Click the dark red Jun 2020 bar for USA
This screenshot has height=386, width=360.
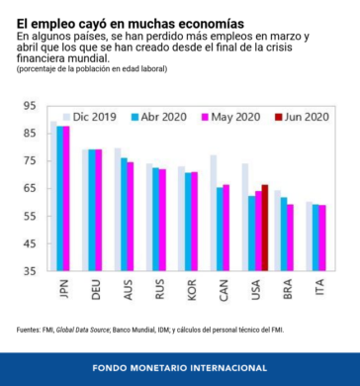click(x=265, y=228)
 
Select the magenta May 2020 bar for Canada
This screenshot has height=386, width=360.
click(x=226, y=228)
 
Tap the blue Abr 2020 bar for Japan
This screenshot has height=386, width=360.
click(x=60, y=199)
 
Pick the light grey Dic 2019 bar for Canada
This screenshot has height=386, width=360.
click(x=214, y=213)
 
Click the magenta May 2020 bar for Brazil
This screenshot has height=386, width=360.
click(x=290, y=238)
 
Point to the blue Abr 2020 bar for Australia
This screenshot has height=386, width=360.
click(x=124, y=215)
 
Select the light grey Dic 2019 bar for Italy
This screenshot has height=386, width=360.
click(x=310, y=237)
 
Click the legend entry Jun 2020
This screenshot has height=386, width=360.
click(x=302, y=117)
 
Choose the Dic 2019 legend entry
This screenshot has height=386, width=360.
click(x=89, y=117)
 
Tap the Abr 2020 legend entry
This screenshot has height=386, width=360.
click(x=159, y=117)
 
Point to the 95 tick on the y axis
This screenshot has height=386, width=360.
click(x=30, y=106)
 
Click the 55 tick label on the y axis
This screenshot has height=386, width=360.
click(x=30, y=216)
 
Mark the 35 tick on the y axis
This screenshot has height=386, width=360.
click(x=30, y=271)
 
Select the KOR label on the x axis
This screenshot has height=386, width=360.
click(x=192, y=290)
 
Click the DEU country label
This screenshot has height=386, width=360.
click(x=96, y=290)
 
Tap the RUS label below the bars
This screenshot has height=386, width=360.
click(x=159, y=290)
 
